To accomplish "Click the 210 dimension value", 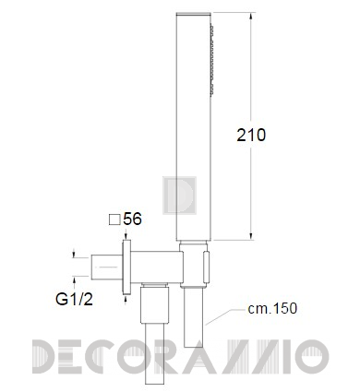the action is [x=251, y=135].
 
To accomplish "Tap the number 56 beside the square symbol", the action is [x=132, y=219].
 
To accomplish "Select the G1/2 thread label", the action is [x=74, y=299].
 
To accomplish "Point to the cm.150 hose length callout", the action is [x=272, y=308].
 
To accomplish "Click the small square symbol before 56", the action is [x=114, y=220].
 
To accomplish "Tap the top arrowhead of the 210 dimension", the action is [x=251, y=17].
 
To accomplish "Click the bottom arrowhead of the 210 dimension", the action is [x=251, y=236].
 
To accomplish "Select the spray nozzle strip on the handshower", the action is [x=211, y=60].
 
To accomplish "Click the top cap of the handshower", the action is [x=193, y=14].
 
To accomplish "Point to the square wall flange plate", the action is [x=126, y=267].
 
